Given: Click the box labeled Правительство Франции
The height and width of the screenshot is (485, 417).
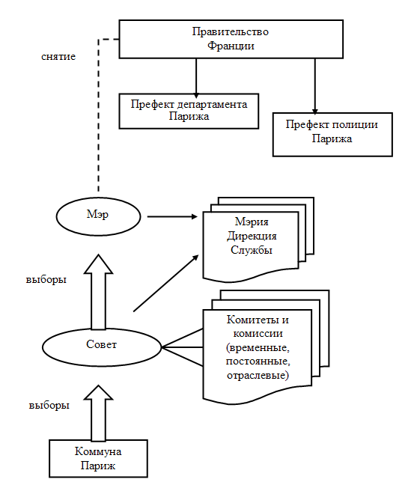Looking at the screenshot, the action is pyautogui.click(x=231, y=39).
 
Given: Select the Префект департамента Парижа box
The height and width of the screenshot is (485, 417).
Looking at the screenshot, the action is pyautogui.click(x=189, y=111).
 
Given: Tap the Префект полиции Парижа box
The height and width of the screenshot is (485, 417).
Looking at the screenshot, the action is pyautogui.click(x=332, y=135).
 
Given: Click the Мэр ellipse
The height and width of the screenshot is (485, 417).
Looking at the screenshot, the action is pyautogui.click(x=98, y=216).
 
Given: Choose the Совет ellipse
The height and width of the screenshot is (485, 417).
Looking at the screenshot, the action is pyautogui.click(x=102, y=347).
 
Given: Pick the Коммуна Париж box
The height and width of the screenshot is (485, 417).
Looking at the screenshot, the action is pyautogui.click(x=98, y=458).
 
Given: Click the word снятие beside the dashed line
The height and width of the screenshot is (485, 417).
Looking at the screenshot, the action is pyautogui.click(x=58, y=57).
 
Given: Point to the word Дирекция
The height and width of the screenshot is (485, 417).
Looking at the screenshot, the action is pyautogui.click(x=252, y=237).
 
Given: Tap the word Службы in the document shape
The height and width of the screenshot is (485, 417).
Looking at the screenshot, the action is pyautogui.click(x=252, y=250).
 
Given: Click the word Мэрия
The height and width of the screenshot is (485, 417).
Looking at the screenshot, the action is pyautogui.click(x=252, y=222).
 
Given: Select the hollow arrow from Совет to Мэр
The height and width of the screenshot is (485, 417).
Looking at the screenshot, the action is pyautogui.click(x=98, y=292).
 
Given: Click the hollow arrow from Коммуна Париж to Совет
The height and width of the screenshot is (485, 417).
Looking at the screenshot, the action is pyautogui.click(x=98, y=413).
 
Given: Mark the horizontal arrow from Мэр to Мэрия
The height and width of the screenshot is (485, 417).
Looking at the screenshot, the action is pyautogui.click(x=172, y=216).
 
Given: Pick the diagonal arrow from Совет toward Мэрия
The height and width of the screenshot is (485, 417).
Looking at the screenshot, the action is pyautogui.click(x=166, y=283).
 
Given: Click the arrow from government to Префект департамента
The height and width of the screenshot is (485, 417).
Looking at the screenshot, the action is pyautogui.click(x=196, y=79).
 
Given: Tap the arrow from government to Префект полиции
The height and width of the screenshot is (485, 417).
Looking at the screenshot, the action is pyautogui.click(x=315, y=86).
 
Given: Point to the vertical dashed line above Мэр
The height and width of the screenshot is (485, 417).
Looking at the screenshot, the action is pyautogui.click(x=98, y=115).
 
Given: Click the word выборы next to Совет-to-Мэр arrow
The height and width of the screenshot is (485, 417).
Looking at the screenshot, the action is pyautogui.click(x=46, y=280).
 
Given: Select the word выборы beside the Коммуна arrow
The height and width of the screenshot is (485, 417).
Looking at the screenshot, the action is pyautogui.click(x=49, y=405).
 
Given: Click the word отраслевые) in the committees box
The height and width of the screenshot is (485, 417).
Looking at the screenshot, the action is pyautogui.click(x=258, y=375).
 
